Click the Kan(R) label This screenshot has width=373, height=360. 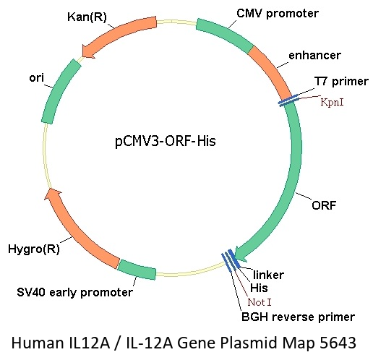(x=87, y=17)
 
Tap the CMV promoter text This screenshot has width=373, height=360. (x=278, y=13)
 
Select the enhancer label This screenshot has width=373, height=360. (x=314, y=55)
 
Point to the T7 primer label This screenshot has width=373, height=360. (x=341, y=81)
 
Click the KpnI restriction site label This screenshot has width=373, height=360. (x=332, y=102)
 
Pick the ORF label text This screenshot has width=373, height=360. (x=324, y=205)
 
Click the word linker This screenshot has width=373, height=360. (x=268, y=275)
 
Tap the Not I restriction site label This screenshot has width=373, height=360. (x=260, y=302)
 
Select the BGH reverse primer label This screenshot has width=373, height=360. (x=298, y=317)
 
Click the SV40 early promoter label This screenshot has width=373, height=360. (x=74, y=293)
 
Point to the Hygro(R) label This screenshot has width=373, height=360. (x=34, y=249)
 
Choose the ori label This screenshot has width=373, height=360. (x=37, y=78)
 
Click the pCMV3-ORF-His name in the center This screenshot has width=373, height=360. (x=166, y=141)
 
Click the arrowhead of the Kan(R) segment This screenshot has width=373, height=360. (x=87, y=51)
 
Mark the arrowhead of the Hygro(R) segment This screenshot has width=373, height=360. (x=53, y=194)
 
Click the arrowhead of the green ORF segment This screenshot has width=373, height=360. (x=240, y=254)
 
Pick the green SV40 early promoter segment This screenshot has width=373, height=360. (x=137, y=270)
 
